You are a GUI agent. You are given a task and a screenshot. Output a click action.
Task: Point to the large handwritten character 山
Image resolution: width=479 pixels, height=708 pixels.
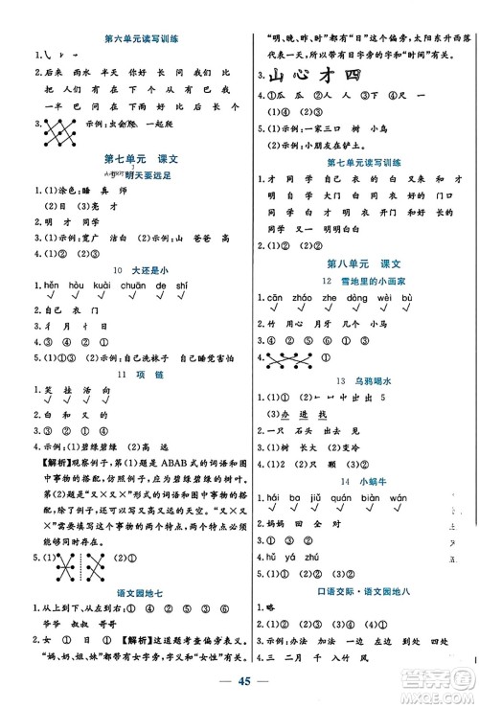click(x=279, y=77)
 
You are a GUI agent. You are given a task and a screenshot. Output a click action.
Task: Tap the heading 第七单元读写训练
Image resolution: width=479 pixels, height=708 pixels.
click(x=364, y=162)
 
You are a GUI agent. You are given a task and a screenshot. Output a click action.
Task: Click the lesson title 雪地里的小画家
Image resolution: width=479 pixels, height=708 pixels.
click(x=372, y=280)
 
